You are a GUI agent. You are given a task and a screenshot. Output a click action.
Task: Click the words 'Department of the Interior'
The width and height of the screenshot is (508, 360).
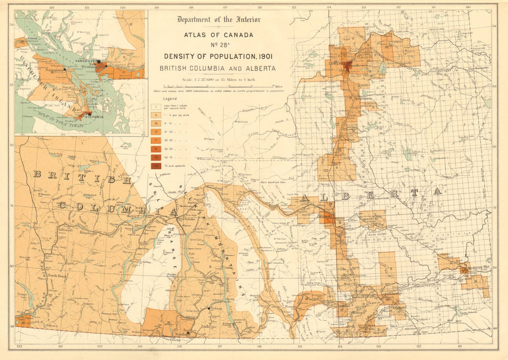[218, 20]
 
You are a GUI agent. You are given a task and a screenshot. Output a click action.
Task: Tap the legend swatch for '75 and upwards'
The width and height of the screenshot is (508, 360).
[157, 166]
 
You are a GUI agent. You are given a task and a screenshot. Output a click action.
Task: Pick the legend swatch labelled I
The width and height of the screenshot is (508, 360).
[157, 107]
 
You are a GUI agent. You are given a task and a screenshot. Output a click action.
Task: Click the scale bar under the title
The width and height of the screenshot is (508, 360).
[218, 86]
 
